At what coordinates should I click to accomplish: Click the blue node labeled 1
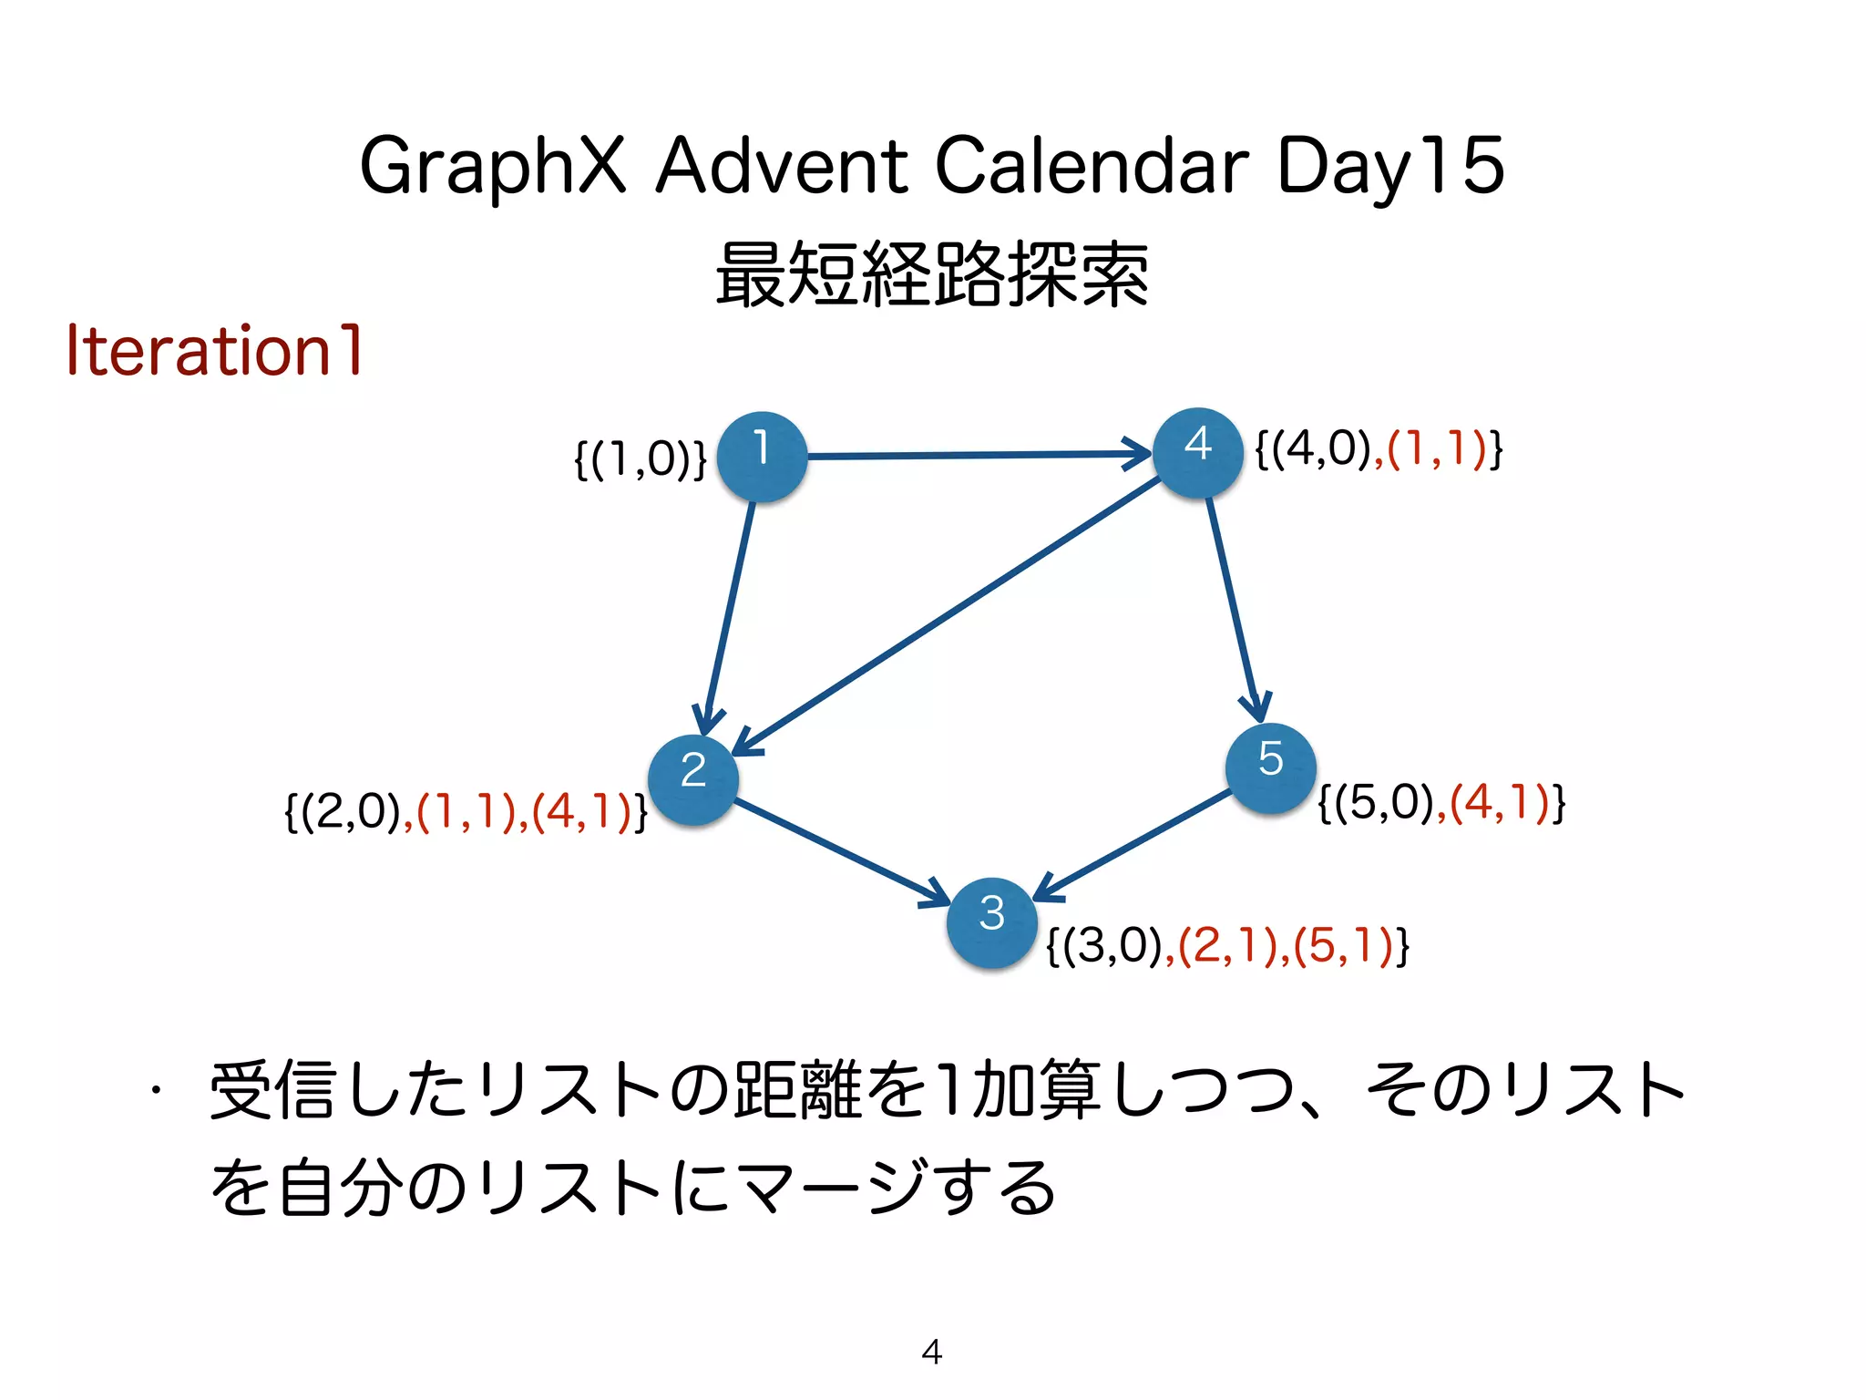pos(762,456)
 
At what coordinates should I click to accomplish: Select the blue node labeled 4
pos(1197,452)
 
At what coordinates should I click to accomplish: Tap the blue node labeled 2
pos(693,779)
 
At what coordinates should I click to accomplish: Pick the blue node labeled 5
pos(1270,767)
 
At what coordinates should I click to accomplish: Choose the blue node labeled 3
pos(992,921)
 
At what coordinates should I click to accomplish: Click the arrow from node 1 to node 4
pos(975,454)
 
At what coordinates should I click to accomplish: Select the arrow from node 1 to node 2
pos(730,611)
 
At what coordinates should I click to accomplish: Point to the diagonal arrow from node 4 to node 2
pos(948,615)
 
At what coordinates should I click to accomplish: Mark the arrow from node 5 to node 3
pos(1134,843)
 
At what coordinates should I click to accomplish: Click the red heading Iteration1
pos(215,351)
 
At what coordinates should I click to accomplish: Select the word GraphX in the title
pos(493,166)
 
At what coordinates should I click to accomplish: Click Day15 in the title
pos(1389,166)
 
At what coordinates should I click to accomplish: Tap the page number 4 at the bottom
pos(931,1351)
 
